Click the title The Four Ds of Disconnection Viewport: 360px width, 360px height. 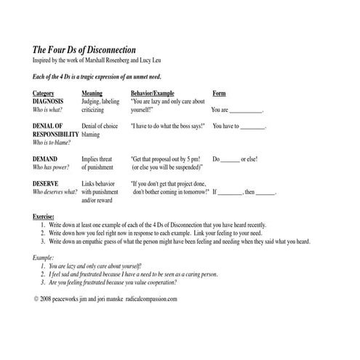[x=86, y=48]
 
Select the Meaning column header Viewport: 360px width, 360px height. [x=92, y=93]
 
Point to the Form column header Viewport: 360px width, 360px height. [x=219, y=93]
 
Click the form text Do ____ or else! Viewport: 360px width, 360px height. [x=235, y=158]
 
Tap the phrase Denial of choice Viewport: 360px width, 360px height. [x=100, y=126]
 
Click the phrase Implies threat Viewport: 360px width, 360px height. [x=96, y=158]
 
